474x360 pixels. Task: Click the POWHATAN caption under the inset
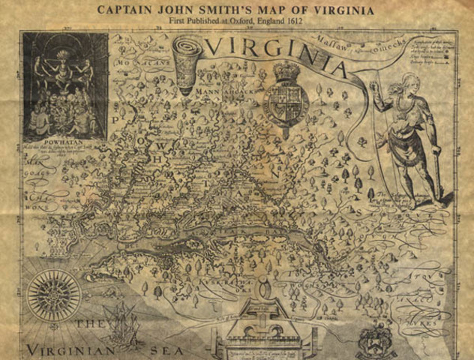(65, 149)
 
